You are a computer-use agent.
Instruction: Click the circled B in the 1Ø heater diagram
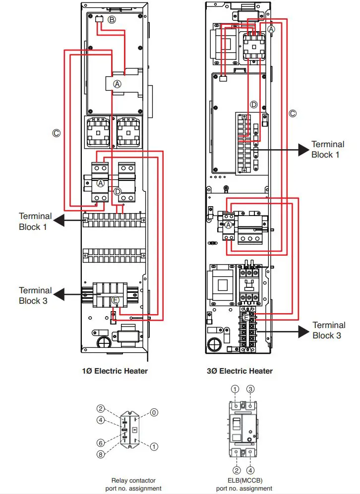[x=112, y=20]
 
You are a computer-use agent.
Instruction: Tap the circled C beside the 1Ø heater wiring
[x=57, y=133]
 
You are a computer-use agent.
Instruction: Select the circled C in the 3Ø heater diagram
[x=293, y=113]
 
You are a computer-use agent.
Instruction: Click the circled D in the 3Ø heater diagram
[x=253, y=105]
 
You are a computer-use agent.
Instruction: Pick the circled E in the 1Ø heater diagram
[x=116, y=300]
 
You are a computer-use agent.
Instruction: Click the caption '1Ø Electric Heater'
[x=115, y=371]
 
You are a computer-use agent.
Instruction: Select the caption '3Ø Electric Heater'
[x=240, y=371]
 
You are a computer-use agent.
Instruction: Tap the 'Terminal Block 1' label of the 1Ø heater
[x=35, y=221]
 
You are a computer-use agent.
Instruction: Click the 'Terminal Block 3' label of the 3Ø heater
[x=329, y=330]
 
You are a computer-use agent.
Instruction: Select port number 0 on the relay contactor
[x=155, y=412]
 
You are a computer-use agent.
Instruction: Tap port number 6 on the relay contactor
[x=101, y=442]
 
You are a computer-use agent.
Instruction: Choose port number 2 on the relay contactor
[x=101, y=409]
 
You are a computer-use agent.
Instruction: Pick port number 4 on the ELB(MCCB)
[x=251, y=470]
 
